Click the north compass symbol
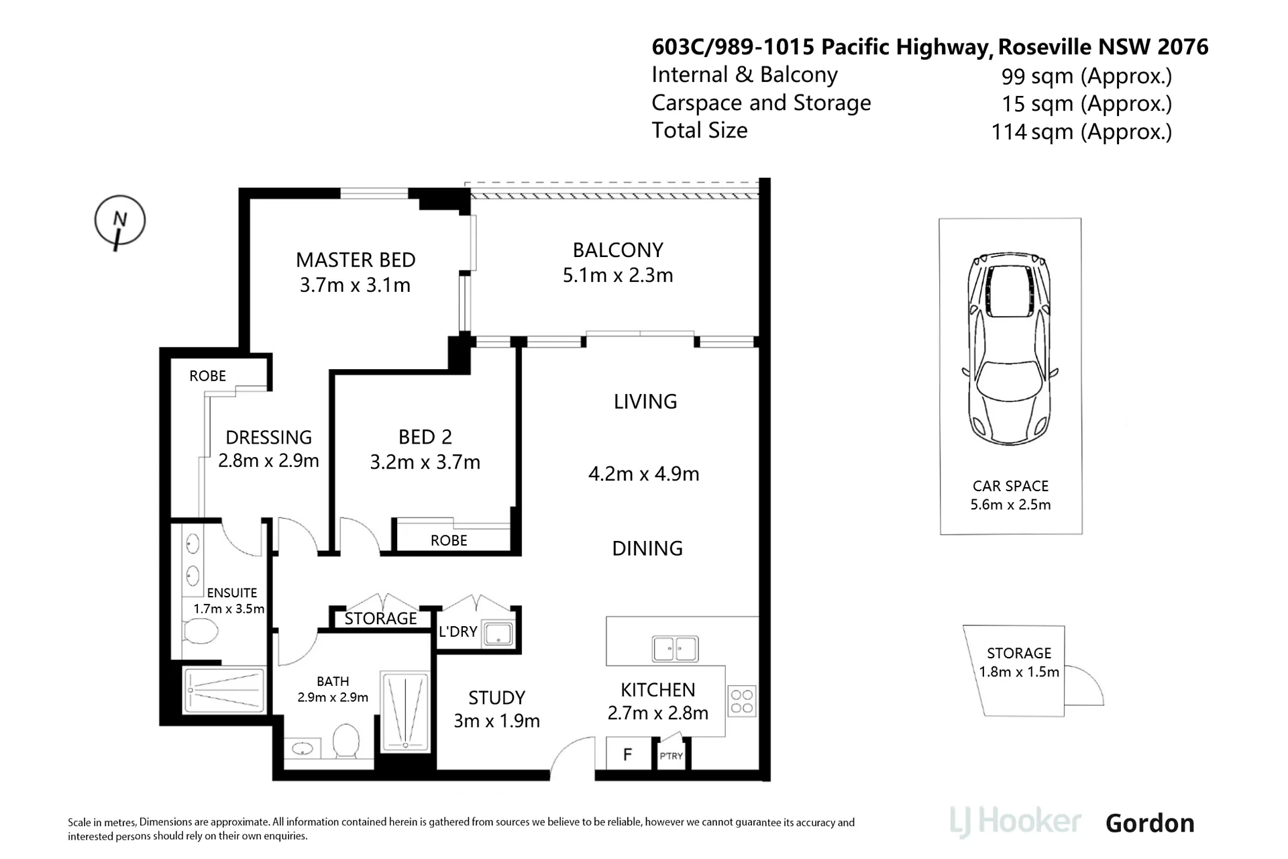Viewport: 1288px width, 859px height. (119, 221)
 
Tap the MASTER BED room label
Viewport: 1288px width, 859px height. (356, 260)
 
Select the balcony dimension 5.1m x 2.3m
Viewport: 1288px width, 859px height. (618, 275)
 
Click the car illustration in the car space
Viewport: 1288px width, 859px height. (1010, 349)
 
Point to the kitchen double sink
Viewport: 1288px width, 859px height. (676, 649)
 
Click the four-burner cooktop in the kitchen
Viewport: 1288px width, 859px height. (742, 701)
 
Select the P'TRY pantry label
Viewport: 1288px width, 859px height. (671, 756)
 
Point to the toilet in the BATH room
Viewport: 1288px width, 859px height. (346, 740)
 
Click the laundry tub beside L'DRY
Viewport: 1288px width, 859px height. (498, 634)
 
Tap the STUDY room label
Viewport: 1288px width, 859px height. (496, 698)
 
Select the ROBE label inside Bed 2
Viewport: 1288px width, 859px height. (449, 540)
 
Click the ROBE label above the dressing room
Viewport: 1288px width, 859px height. (207, 376)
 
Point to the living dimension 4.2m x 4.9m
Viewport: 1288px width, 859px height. (644, 474)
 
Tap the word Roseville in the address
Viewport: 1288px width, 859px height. (1044, 47)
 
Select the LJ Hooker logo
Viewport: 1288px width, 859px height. (1015, 823)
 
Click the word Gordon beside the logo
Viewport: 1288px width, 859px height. (1150, 823)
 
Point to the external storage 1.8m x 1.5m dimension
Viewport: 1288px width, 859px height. (1019, 672)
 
